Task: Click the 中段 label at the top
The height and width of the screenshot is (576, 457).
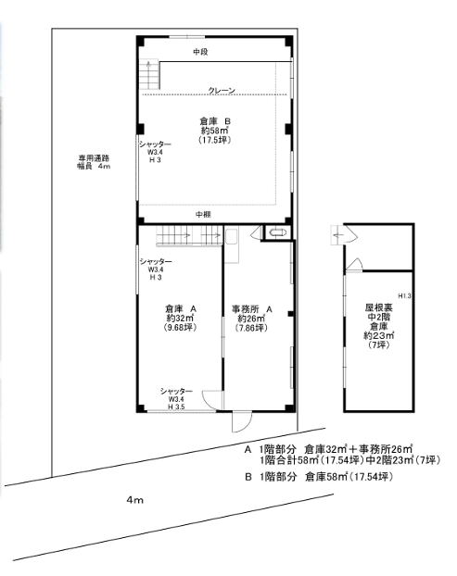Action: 201,52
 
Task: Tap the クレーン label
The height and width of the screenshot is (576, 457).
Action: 222,90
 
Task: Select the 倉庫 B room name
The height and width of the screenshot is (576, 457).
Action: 215,121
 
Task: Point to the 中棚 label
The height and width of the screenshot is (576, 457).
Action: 203,214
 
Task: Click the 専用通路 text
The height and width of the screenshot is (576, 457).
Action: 94,158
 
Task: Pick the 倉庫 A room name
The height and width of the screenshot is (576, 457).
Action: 181,308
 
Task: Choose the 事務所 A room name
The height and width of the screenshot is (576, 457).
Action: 251,309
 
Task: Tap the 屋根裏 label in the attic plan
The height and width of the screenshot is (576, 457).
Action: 379,307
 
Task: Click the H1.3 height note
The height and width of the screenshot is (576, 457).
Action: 404,295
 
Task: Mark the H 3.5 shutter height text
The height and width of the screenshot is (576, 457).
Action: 176,407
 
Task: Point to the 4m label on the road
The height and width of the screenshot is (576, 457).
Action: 135,499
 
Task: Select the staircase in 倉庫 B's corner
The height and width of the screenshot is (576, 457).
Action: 149,75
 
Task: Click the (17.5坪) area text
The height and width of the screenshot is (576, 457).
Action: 215,140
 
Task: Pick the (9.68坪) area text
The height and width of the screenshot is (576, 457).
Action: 180,327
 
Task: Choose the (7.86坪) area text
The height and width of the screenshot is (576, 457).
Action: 251,328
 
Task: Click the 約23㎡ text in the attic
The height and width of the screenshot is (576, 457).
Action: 379,335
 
